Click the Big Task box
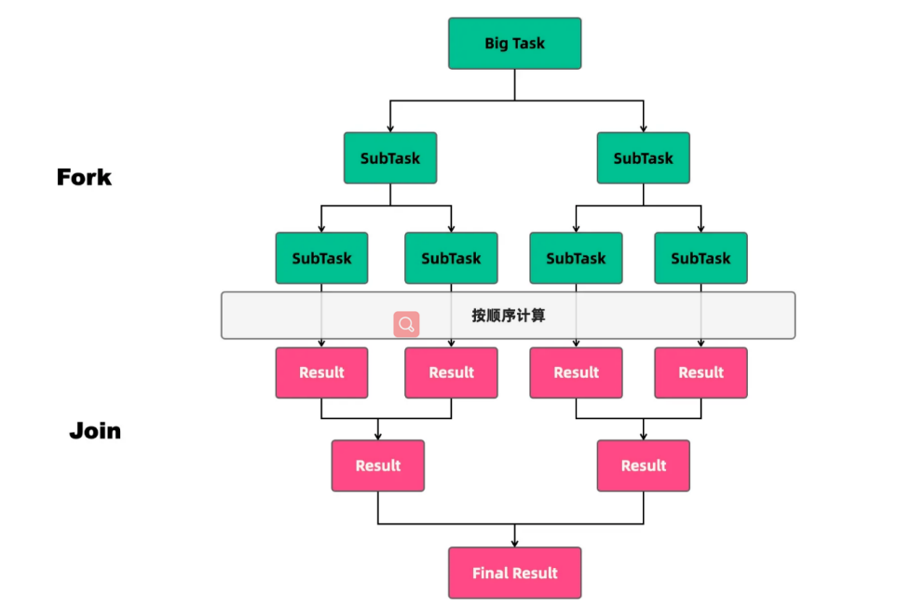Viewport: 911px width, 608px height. tap(514, 44)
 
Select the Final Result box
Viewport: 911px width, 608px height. tap(514, 573)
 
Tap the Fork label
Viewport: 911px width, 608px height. tap(84, 177)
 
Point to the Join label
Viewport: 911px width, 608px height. tap(95, 430)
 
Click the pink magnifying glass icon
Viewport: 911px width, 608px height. tap(406, 324)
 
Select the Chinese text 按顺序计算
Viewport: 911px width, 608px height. tap(509, 316)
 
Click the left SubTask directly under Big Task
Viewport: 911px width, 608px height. tap(390, 158)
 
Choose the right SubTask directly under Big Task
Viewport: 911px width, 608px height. tap(643, 158)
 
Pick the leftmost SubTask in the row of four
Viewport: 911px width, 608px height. tap(321, 258)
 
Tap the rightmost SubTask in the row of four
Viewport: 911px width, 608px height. tap(700, 258)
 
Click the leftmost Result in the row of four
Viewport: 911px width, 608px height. tap(321, 372)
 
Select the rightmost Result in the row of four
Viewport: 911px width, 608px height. tap(700, 372)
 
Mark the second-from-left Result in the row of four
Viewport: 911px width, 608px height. tap(451, 372)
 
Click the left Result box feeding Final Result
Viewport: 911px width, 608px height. tap(377, 466)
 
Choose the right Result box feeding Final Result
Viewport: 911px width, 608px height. tap(643, 466)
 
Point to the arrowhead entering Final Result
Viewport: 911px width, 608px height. tap(515, 543)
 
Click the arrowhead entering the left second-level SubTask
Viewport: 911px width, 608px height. tap(390, 128)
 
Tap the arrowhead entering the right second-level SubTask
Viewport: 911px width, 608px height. tap(643, 128)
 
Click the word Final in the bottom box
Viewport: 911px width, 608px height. tap(486, 574)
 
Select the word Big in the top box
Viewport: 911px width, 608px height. tap(496, 44)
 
